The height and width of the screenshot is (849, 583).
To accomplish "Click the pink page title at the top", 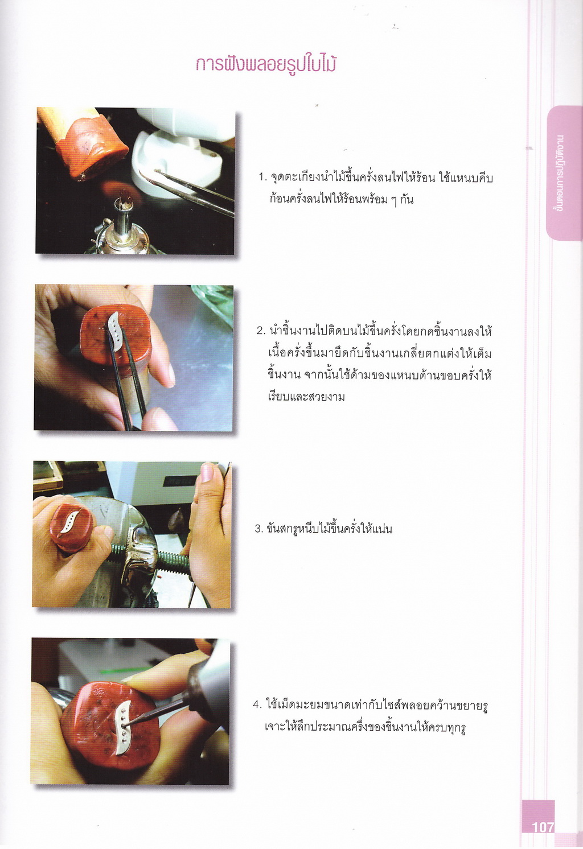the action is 266,64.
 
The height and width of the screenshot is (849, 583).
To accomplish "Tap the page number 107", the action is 543,826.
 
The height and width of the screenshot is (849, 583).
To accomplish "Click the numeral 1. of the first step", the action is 263,178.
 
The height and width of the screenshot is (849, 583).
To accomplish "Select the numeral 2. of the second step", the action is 261,331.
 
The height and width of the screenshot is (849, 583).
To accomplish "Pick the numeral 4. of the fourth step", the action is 257,705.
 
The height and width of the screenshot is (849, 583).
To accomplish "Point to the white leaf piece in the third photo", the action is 70,522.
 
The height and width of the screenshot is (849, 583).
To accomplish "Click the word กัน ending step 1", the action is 407,199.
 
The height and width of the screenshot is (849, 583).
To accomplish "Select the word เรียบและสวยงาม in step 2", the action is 306,397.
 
